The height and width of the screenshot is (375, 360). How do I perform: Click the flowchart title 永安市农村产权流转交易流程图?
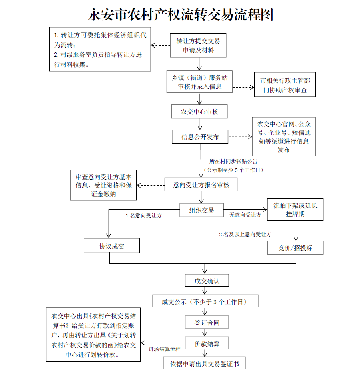click(181, 15)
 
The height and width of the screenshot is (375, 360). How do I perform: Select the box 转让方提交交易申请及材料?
click(198, 45)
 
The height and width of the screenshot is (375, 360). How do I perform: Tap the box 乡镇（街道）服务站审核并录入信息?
click(199, 82)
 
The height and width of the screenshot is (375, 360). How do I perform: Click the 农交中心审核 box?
click(199, 112)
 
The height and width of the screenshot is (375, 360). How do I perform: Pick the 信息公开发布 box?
click(200, 137)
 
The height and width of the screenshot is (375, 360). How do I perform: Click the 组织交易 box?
click(201, 210)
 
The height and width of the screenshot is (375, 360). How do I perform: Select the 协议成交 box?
click(112, 246)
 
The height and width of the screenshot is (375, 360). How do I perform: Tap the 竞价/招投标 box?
click(295, 248)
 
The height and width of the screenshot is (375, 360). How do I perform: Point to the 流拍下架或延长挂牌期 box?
click(295, 209)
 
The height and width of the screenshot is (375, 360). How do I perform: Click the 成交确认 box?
click(207, 281)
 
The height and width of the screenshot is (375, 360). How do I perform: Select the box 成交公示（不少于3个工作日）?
click(205, 301)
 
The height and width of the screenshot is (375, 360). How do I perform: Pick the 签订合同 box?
click(207, 322)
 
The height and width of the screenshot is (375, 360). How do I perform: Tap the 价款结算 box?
click(207, 343)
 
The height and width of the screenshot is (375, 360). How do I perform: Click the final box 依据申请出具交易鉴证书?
click(204, 363)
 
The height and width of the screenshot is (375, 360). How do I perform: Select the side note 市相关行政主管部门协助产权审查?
click(285, 85)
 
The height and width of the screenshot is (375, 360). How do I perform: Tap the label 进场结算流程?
click(165, 349)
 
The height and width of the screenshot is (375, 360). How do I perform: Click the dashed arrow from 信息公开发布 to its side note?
click(241, 137)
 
